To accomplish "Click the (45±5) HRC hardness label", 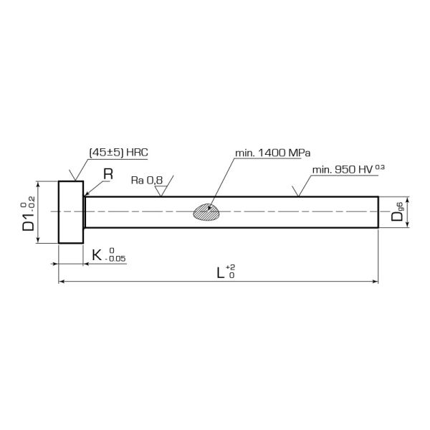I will coord(118,153).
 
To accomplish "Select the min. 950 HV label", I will coord(341,171).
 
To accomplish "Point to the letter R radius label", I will coord(108,173).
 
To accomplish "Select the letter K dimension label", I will coord(96,254).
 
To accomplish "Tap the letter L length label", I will coord(221,272).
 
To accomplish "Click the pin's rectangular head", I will coord(71,212).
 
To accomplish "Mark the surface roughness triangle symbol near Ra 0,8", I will coord(163,190).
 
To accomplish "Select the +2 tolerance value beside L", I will coord(230,267).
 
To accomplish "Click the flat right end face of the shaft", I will coord(378,212).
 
